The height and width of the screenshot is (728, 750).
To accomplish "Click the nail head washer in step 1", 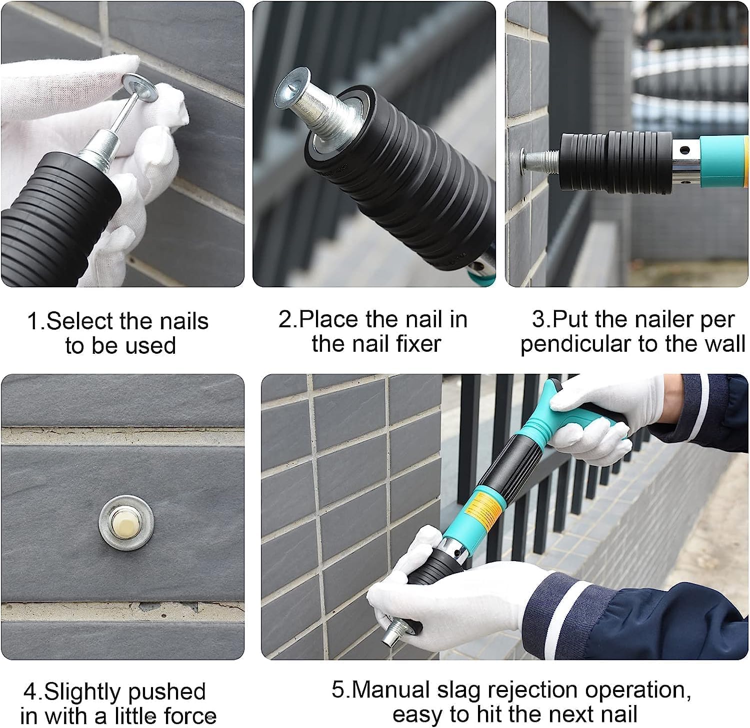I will click(139, 85).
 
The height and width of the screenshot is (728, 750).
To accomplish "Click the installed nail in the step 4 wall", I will click(125, 522).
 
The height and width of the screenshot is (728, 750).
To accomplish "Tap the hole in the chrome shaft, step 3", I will click(683, 149).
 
